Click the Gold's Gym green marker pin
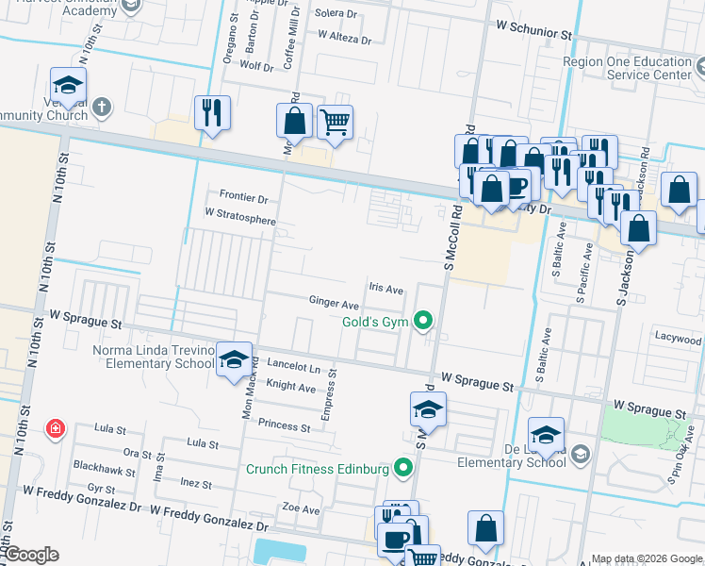coord(424,322)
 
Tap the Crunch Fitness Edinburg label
coord(318,469)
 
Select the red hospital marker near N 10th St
coord(56,429)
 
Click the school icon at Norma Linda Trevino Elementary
coord(235,359)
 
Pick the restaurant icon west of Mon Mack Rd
coord(211,112)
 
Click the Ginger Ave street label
coord(334,305)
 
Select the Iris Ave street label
coord(385,289)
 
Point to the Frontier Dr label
coord(243,198)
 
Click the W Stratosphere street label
coord(240,220)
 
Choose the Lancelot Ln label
coord(293,368)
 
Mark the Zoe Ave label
coord(302,509)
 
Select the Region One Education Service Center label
coord(627,68)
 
